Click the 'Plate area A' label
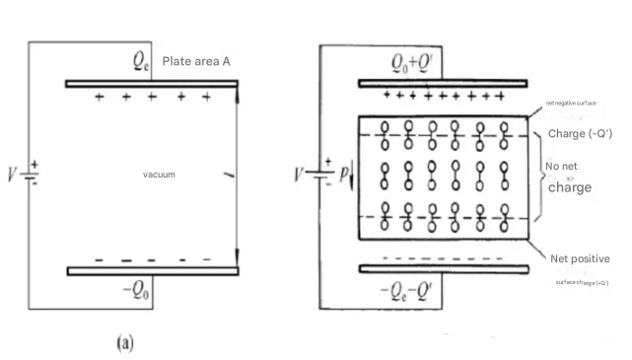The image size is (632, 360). (x=196, y=61)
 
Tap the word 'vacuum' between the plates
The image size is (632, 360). (x=159, y=175)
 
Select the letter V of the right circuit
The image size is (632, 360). (x=299, y=179)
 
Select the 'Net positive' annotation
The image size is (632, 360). (x=582, y=258)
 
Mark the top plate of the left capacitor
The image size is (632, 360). (x=152, y=84)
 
